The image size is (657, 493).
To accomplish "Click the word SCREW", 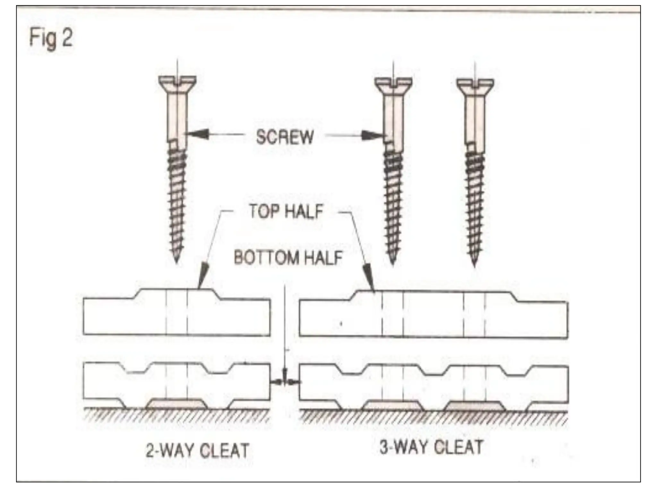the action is click(285, 137).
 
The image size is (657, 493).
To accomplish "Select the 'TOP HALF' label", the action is click(286, 212).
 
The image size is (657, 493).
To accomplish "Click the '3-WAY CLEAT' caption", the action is click(431, 447).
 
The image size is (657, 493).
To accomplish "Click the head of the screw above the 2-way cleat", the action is click(177, 83).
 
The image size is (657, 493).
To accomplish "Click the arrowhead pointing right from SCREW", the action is click(374, 135).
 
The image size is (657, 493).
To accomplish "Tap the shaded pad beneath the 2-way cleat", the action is click(176, 404).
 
